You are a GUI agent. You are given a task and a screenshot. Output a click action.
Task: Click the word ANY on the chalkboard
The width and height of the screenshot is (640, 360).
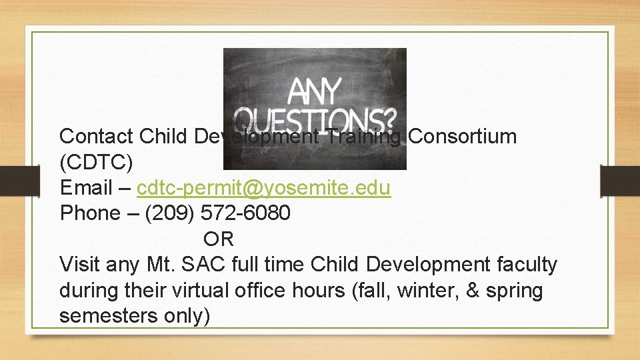[314, 91]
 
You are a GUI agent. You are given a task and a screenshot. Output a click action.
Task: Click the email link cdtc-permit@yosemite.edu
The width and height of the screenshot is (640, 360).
[263, 188]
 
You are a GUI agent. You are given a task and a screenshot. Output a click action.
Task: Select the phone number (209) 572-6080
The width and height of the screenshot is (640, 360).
[218, 213]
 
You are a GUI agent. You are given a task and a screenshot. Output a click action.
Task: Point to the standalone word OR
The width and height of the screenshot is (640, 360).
[219, 239]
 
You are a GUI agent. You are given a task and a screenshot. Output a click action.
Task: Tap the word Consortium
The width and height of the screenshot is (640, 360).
[462, 137]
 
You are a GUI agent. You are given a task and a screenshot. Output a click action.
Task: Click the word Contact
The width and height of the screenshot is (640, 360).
[96, 137]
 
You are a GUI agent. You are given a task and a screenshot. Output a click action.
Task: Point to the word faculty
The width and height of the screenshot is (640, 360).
[527, 265]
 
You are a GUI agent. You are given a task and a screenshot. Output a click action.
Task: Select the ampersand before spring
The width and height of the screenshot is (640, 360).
[467, 291]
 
